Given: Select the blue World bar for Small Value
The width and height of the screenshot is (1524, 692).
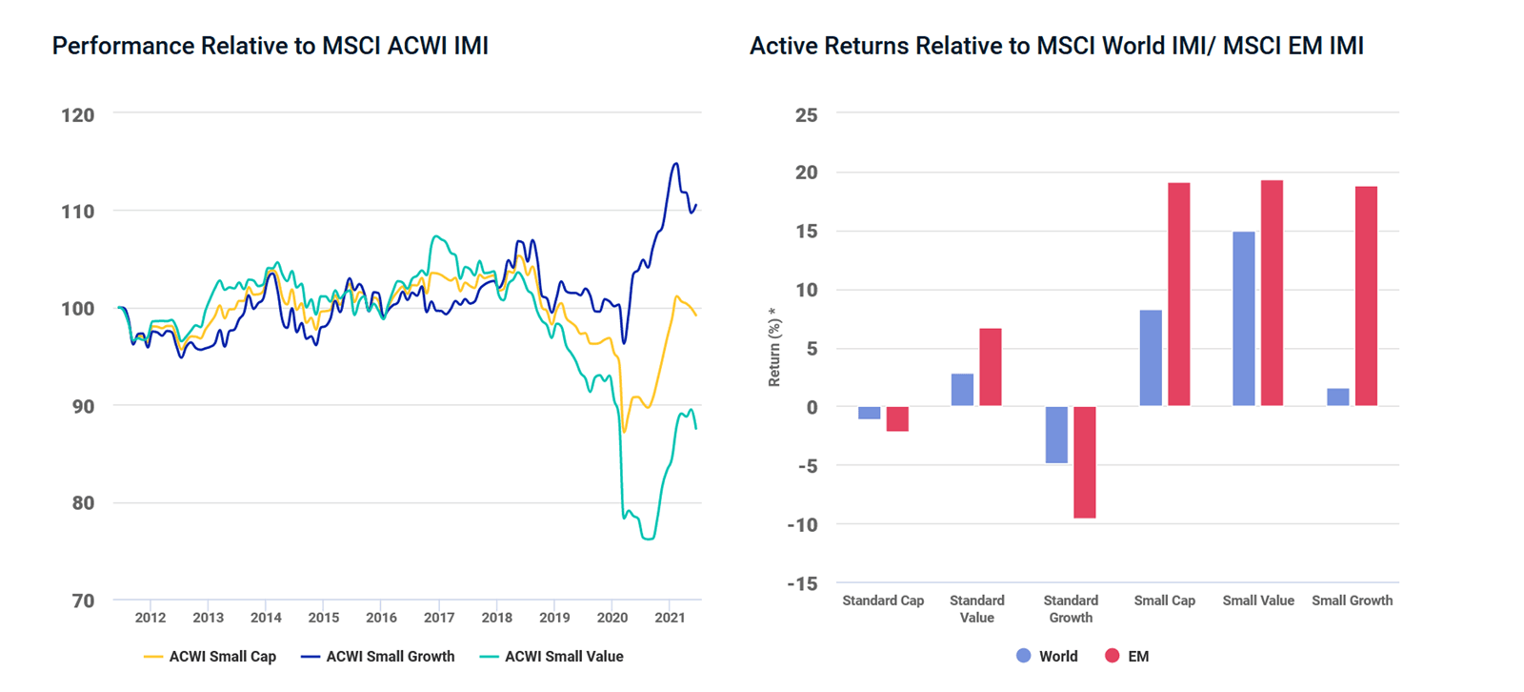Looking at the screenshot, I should click(1243, 319).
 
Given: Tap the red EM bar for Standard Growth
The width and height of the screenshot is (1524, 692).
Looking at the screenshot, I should click(1084, 462).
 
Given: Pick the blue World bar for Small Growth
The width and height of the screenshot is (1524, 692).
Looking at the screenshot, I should click(1337, 397).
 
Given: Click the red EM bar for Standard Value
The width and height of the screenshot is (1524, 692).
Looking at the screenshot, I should click(991, 368).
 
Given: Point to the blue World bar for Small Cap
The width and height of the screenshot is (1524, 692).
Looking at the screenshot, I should click(1151, 358).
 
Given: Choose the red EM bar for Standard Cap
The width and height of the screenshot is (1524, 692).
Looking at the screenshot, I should click(897, 419).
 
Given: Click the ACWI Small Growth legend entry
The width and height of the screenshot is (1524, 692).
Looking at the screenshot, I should click(390, 657).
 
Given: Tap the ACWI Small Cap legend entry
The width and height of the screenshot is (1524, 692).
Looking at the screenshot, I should click(222, 657).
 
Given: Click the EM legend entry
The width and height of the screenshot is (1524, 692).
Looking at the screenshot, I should click(1137, 657).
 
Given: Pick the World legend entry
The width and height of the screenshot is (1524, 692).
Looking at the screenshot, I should click(1057, 657).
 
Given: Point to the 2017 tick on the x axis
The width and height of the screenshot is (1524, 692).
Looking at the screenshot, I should click(439, 618).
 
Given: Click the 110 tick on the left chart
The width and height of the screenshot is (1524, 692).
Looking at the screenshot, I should click(78, 212).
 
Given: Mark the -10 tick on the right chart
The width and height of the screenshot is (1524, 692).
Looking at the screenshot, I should click(802, 524).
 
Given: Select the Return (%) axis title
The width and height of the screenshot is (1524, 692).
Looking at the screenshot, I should click(773, 347).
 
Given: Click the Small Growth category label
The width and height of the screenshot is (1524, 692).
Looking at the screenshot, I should click(1352, 600).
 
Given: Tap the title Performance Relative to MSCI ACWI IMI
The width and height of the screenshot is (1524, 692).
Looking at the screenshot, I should click(270, 46).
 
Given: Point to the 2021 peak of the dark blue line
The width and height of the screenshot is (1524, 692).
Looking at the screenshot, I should click(676, 164).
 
